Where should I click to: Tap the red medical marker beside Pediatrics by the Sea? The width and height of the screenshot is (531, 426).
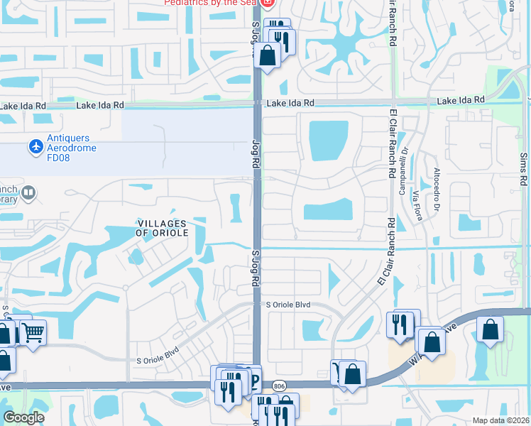click(267, 3)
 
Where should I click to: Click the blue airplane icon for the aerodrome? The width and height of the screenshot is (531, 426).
click(35, 146)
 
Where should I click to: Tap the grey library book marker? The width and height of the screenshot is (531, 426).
click(28, 192)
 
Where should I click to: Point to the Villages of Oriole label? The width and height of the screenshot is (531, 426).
click(163, 228)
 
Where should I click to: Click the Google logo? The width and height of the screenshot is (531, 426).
click(23, 417)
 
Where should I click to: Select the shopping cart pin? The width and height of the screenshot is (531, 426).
click(33, 332)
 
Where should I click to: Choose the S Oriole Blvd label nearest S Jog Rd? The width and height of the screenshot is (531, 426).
click(289, 305)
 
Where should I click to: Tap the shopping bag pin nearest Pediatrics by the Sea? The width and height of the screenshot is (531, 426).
click(268, 55)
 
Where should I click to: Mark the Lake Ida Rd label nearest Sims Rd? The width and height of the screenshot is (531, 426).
click(461, 101)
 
